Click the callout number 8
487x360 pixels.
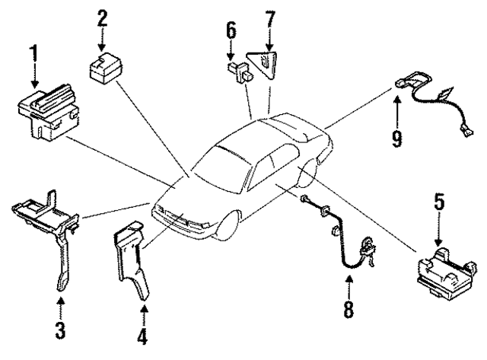(349, 311)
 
